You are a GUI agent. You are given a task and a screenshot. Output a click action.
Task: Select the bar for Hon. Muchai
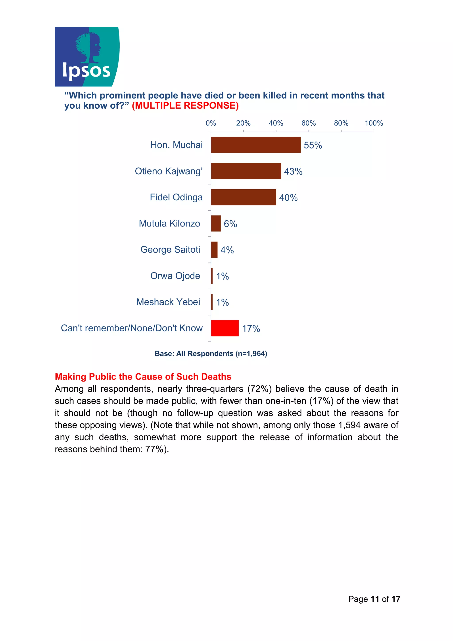[x=255, y=145]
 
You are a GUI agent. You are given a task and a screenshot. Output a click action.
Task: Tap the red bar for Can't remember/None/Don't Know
[x=225, y=328]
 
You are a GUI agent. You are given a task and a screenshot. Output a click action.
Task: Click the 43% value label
[x=293, y=171]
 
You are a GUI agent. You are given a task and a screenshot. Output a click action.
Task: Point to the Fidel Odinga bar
[x=243, y=197]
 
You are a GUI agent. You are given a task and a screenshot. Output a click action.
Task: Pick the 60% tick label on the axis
[x=308, y=123]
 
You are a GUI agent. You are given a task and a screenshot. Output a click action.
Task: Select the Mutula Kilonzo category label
[x=169, y=223]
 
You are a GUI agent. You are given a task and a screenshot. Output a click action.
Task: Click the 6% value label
[x=230, y=224]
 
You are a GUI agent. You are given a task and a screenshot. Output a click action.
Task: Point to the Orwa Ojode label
[x=175, y=276]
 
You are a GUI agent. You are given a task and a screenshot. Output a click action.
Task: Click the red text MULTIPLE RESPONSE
[x=185, y=106]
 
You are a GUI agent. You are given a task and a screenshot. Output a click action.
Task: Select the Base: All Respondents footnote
[x=211, y=353]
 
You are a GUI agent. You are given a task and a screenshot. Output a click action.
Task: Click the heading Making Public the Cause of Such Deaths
[x=143, y=377]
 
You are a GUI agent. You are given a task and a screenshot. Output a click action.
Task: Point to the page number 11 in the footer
[x=374, y=599]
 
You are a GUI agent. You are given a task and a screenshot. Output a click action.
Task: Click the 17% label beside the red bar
[x=251, y=329]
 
